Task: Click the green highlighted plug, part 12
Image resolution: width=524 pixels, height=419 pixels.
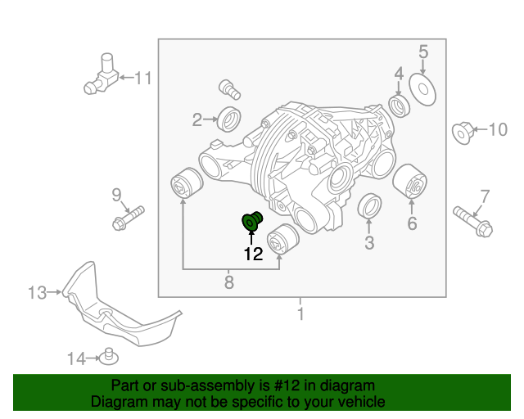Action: click(251, 222)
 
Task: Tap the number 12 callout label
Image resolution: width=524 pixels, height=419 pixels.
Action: click(252, 255)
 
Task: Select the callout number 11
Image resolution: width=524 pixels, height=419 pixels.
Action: click(143, 79)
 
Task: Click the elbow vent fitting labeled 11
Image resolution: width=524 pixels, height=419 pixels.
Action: click(102, 75)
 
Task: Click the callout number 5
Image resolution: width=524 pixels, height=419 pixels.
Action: click(423, 52)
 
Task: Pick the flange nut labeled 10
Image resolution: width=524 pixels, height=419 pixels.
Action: click(463, 131)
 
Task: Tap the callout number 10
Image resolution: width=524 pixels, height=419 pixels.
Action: click(498, 129)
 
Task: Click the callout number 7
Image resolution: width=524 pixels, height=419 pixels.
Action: click(485, 196)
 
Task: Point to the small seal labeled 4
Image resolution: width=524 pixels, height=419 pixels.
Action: click(400, 106)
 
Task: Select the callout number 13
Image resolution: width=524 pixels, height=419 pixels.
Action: click(36, 291)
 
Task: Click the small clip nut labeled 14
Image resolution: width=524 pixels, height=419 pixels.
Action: click(106, 356)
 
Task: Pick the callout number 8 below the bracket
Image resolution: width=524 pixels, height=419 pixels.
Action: click(229, 282)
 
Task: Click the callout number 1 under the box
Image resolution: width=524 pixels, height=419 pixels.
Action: click(300, 313)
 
